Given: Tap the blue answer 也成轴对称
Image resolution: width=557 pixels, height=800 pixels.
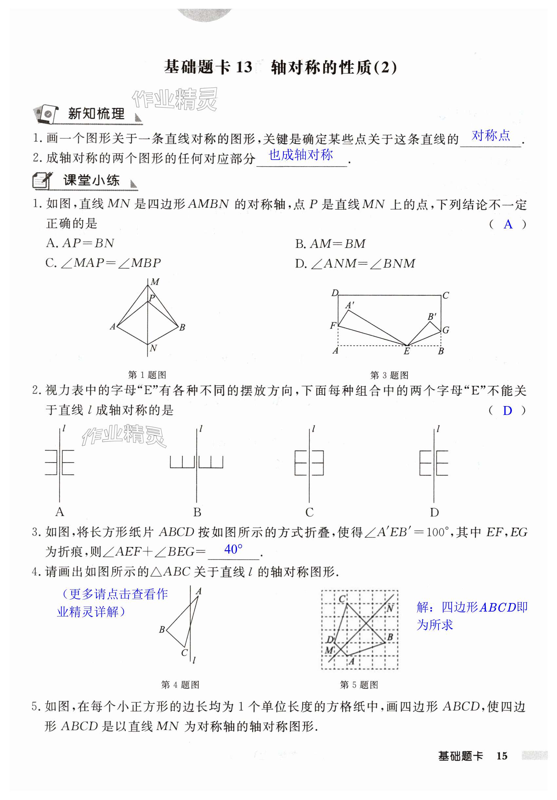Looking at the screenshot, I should click(301, 155).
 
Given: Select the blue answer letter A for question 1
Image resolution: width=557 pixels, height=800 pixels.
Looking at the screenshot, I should click(508, 224).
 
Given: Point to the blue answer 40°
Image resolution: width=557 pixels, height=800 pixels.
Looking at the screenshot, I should click(233, 550).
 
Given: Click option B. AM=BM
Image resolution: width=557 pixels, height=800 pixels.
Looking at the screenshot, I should click(330, 244).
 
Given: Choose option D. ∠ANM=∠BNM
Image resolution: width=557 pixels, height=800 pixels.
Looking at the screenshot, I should click(355, 263).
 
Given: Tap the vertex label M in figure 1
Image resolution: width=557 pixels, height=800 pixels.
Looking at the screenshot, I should click(155, 282).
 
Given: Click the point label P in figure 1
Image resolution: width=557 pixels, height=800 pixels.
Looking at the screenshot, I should click(152, 298).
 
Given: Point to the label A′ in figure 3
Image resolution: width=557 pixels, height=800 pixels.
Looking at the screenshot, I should click(349, 305).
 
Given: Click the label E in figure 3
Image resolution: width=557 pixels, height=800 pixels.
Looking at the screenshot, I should click(406, 352).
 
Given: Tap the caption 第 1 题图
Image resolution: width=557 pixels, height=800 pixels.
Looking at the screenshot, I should click(147, 375).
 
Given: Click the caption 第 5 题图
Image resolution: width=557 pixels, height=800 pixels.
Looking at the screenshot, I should click(359, 685).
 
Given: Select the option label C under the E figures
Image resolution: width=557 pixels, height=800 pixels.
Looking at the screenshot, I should click(309, 512).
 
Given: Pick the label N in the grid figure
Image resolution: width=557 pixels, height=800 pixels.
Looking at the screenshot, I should click(390, 608).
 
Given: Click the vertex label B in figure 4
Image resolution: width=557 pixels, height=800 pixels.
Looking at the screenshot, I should click(162, 630).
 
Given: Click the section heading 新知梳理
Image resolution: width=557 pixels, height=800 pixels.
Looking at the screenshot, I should click(96, 114).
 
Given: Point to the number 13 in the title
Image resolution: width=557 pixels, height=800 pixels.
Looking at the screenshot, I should click(244, 67).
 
